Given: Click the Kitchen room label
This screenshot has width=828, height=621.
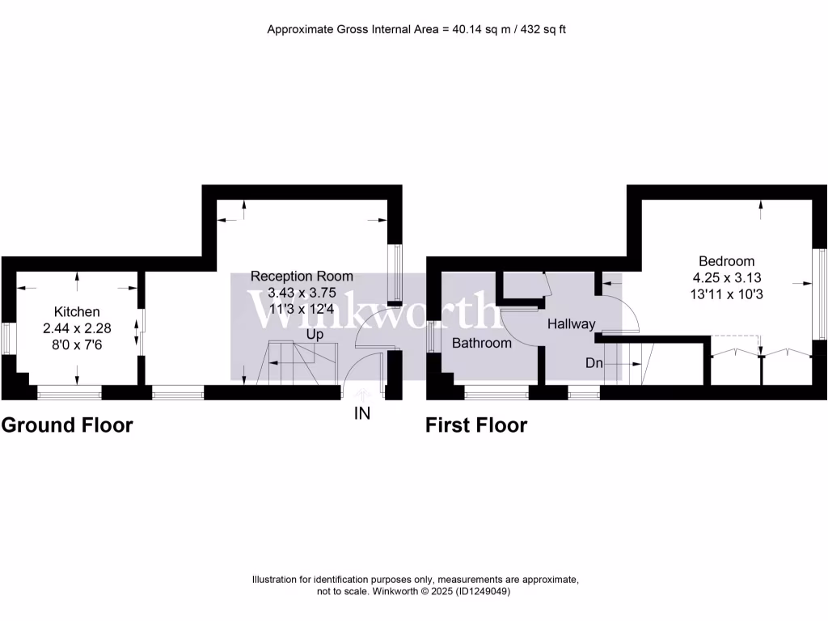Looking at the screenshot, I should [x=77, y=311].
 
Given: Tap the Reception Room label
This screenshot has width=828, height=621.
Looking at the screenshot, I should [x=302, y=277].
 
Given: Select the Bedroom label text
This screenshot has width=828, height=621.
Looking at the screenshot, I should [x=726, y=261].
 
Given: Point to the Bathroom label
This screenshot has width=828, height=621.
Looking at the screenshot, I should [x=482, y=343].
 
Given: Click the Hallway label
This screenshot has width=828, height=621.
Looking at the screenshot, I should [x=571, y=324].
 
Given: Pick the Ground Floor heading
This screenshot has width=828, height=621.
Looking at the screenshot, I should [x=67, y=425].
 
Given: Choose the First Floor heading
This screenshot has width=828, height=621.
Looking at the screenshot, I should [x=476, y=425].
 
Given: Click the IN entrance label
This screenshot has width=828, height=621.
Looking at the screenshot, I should [x=361, y=414].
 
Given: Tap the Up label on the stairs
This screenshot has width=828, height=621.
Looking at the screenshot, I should [x=315, y=334].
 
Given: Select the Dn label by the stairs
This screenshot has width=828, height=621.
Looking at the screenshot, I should [x=594, y=363].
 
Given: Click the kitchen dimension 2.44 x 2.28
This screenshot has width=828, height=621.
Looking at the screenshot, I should [x=77, y=327].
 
